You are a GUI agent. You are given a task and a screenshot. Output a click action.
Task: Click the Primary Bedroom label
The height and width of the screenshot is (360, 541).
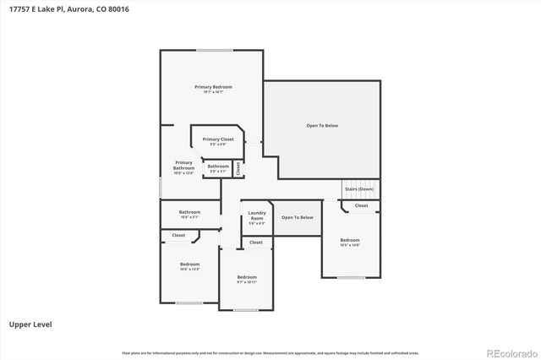pyautogui.click(x=213, y=87)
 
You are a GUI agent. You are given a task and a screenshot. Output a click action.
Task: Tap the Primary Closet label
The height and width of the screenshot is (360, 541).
pyautogui.click(x=218, y=139)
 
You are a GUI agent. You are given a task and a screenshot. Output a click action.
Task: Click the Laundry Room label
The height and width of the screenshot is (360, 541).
pyautogui.click(x=257, y=215)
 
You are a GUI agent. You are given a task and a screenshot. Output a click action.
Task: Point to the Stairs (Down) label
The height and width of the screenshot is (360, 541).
pyautogui.click(x=359, y=189)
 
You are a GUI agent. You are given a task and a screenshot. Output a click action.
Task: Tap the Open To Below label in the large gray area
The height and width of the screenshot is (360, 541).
pyautogui.click(x=322, y=126)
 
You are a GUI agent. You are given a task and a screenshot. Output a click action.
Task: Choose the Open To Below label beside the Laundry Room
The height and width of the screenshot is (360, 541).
pyautogui.click(x=298, y=217)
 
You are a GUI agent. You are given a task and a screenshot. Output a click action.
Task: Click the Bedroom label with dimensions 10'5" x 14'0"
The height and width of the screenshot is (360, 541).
pyautogui.click(x=350, y=241)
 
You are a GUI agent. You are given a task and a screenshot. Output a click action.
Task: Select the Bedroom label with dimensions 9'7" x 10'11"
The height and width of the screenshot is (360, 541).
pyautogui.click(x=247, y=278)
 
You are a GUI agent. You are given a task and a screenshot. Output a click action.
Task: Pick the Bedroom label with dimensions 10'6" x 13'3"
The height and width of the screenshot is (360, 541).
pyautogui.click(x=189, y=265)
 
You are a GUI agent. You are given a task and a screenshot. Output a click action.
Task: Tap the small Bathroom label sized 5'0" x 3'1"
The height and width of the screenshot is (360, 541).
pyautogui.click(x=218, y=166)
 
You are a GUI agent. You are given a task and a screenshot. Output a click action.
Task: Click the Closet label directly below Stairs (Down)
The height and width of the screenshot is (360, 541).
pyautogui.click(x=361, y=205)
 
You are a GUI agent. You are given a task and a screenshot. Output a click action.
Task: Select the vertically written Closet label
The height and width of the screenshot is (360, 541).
pyautogui.click(x=238, y=167)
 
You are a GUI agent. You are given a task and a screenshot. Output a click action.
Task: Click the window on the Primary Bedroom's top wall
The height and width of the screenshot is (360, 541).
pyautogui.click(x=215, y=50)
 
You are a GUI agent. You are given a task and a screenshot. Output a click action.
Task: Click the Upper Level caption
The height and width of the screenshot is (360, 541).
pyautogui.click(x=28, y=324)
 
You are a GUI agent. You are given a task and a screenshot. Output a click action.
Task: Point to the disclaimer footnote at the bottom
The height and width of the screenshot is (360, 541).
pyautogui.click(x=270, y=352)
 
